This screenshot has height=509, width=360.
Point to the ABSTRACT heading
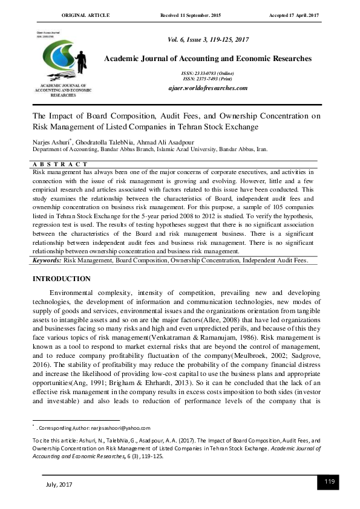[x=60, y=164]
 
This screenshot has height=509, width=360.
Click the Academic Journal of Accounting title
[x=208, y=59]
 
